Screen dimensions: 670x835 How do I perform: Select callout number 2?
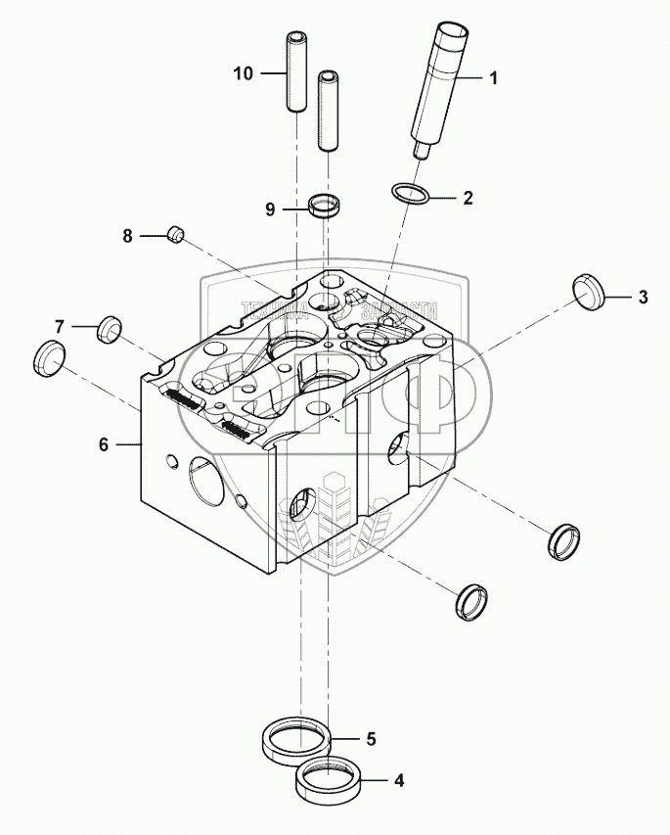point(468,198)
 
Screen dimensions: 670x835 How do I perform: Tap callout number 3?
point(643,298)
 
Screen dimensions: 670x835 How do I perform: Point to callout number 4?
point(398,781)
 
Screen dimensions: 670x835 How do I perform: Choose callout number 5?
point(371,738)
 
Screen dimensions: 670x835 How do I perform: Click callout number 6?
point(103,443)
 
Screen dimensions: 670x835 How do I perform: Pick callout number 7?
point(60,325)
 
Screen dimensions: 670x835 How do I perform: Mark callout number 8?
point(126,235)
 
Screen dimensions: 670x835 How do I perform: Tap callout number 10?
point(244,73)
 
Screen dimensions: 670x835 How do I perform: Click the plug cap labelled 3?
point(586,294)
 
